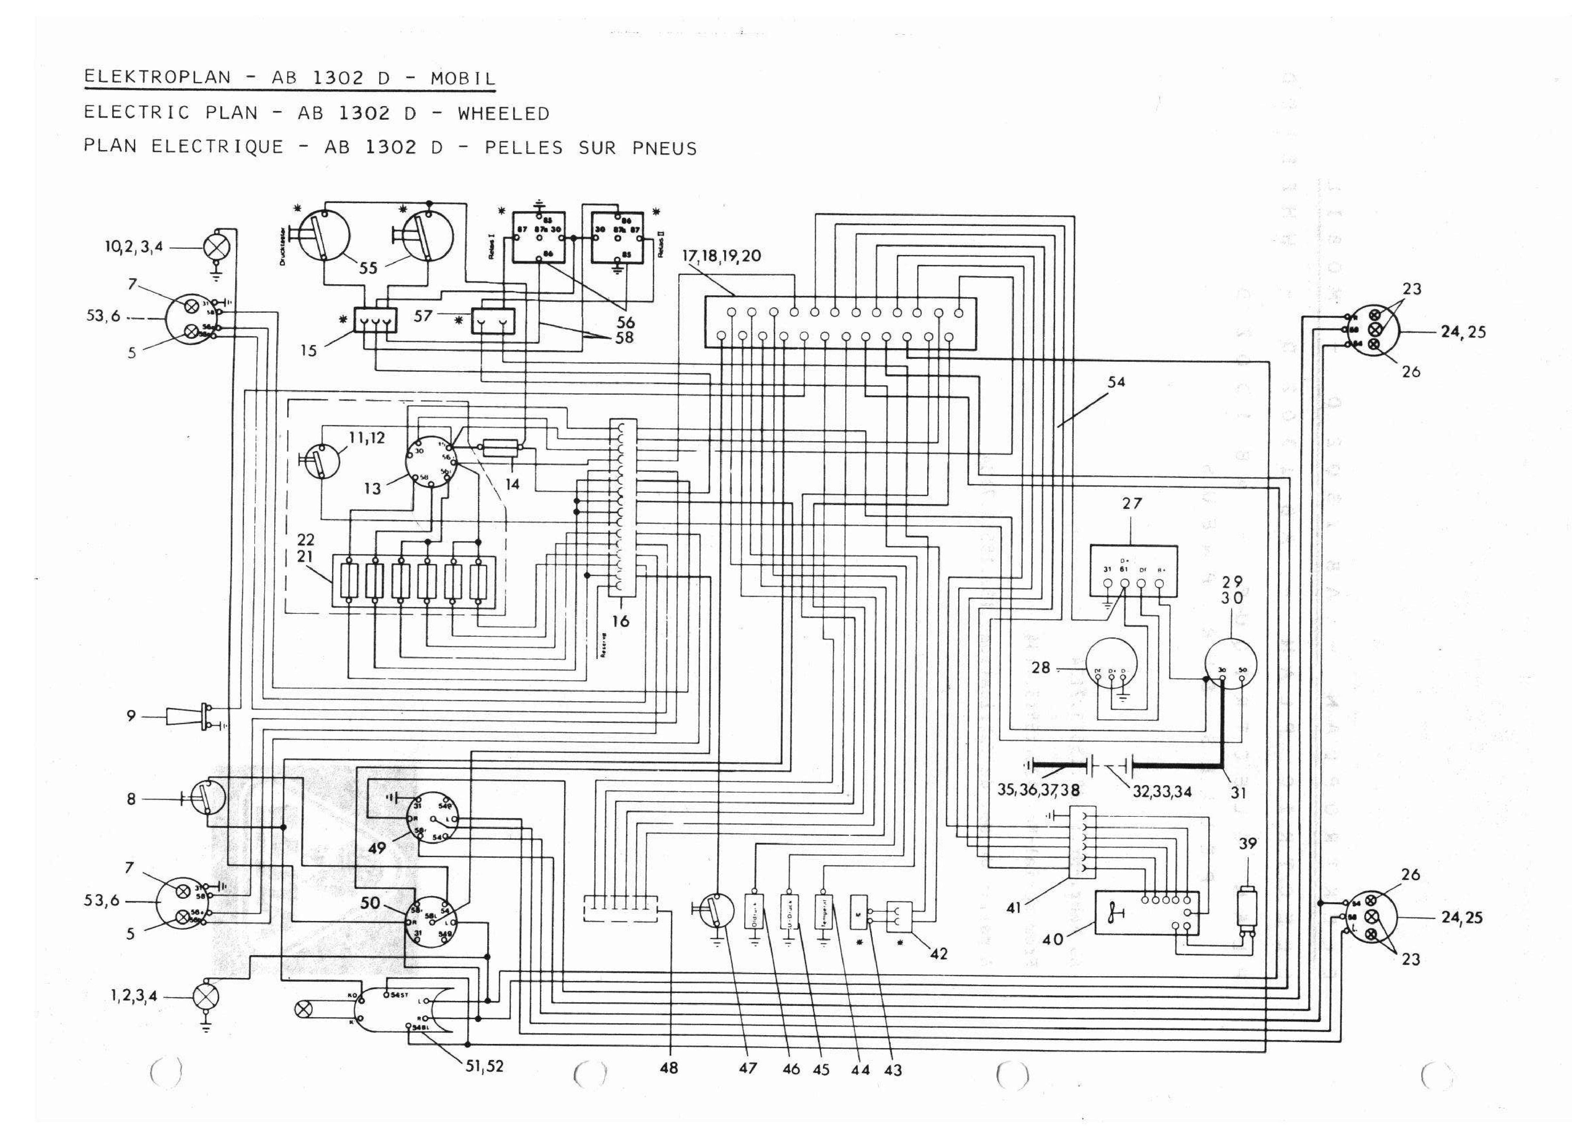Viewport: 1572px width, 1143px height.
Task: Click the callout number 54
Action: tap(1117, 382)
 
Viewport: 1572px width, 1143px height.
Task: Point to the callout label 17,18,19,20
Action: tap(722, 256)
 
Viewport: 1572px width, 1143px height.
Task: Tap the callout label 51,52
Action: tap(484, 1067)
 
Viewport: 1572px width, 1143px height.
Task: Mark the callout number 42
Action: tap(938, 954)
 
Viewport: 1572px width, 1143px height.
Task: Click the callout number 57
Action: tap(423, 316)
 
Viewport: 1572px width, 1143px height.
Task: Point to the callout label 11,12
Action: tap(367, 438)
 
